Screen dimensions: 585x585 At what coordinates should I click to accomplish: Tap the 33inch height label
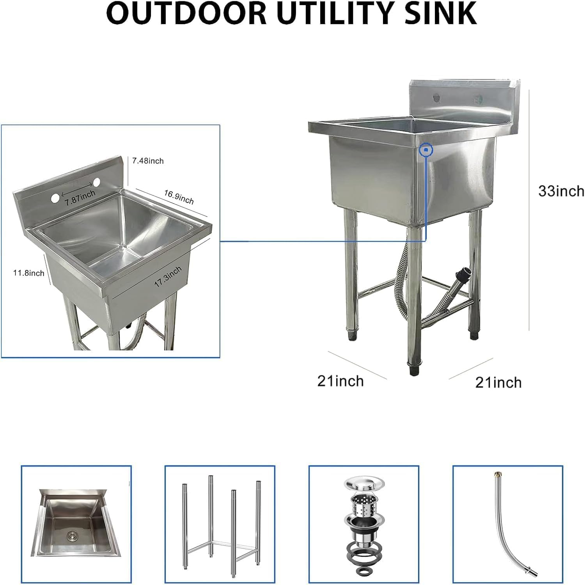[561, 191]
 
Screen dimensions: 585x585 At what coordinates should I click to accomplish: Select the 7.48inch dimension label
[148, 161]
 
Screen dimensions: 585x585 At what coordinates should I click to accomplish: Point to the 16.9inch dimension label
[179, 197]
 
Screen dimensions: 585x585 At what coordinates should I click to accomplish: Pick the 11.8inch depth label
[29, 273]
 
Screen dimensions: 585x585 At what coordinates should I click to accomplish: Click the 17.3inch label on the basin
[168, 277]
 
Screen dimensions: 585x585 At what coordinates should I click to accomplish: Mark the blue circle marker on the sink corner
[426, 149]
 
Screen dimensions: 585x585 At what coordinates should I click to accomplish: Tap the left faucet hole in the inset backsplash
[55, 198]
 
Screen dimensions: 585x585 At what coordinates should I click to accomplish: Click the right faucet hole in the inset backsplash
[96, 182]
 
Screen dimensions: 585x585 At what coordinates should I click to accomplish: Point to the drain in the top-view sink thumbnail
[71, 534]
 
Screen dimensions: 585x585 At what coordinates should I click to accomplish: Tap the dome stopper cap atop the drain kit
[364, 483]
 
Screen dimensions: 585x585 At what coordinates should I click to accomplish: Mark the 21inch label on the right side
[498, 382]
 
